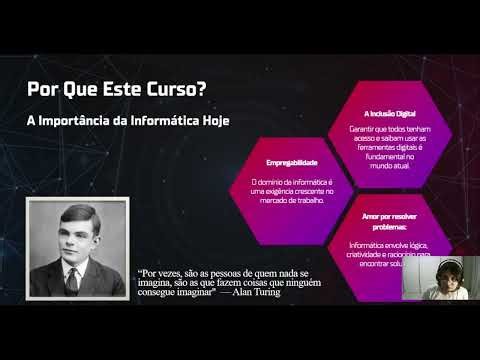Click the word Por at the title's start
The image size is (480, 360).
[x=41, y=89]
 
